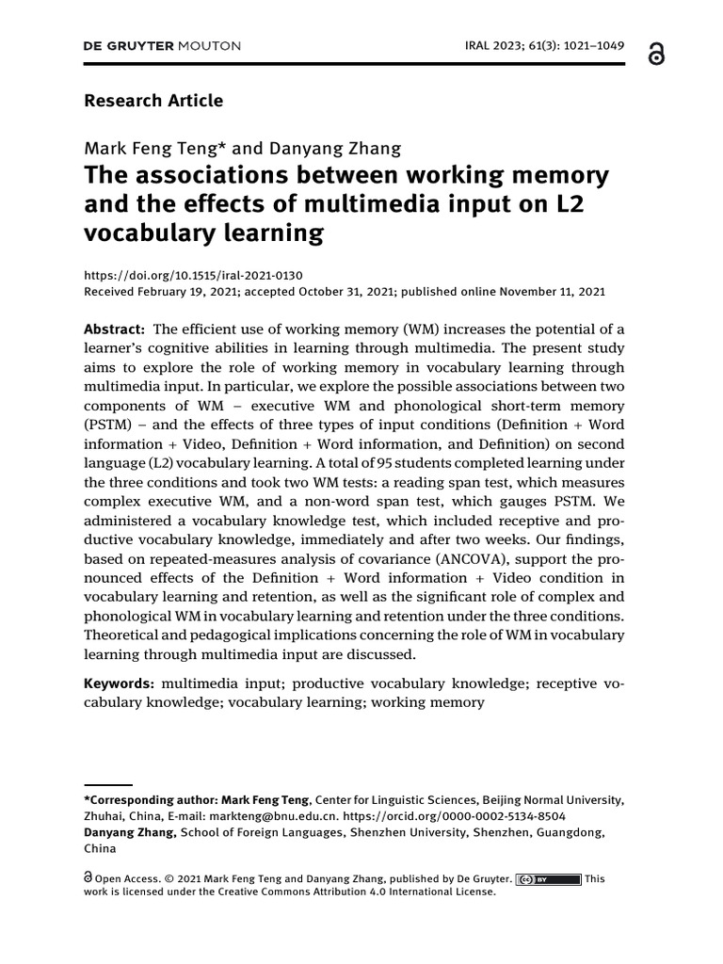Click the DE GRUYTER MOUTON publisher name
point(162,45)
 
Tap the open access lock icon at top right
point(656,55)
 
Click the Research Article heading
point(153,100)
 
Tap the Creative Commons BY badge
point(549,879)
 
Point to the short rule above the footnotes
point(107,783)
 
